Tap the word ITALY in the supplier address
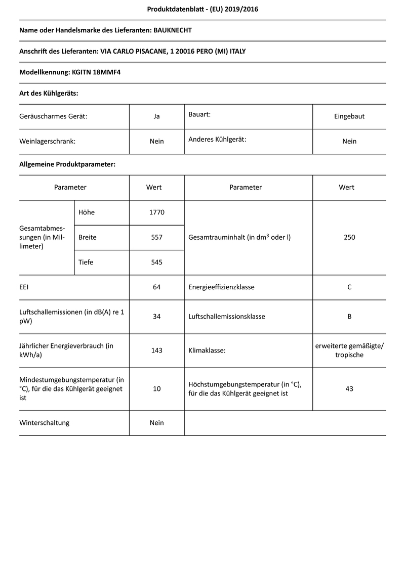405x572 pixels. point(237,52)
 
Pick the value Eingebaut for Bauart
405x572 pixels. point(349,116)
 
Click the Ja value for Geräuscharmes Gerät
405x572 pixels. point(157,116)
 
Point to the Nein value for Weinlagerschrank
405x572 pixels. point(157,141)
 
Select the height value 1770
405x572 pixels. point(157,212)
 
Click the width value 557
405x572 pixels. point(157,237)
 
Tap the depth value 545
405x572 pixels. point(157,262)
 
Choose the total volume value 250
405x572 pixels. point(349,237)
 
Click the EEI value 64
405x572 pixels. point(157,287)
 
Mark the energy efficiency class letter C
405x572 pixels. point(349,287)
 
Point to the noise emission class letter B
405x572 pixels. point(349,317)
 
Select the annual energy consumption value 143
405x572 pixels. point(157,350)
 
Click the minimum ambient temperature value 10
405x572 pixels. point(157,388)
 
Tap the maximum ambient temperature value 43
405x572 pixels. point(349,388)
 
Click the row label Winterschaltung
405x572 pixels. point(44,423)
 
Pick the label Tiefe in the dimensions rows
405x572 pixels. point(86,262)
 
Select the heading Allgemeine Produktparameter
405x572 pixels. point(67,164)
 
